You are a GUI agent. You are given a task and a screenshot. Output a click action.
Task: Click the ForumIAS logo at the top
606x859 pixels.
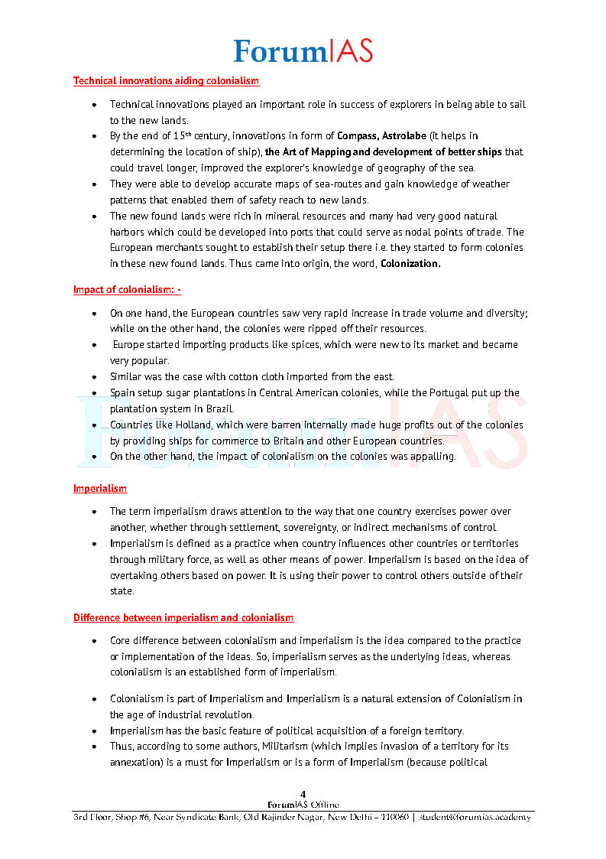coord(303,50)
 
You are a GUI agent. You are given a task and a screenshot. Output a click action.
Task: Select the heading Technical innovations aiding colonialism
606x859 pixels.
coord(166,80)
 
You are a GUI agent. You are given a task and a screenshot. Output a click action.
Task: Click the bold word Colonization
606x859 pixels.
coord(410,264)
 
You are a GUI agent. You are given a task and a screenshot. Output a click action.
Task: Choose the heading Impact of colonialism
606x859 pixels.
coord(127,290)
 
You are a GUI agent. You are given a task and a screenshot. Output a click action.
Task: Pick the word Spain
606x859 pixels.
coord(122,393)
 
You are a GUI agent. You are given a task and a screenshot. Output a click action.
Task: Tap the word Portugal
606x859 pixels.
coord(436,393)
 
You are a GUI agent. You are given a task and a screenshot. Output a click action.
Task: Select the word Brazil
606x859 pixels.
coord(219,409)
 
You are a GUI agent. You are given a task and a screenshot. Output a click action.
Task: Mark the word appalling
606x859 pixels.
coord(433,457)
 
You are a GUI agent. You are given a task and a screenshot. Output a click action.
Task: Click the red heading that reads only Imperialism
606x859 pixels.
coord(100,488)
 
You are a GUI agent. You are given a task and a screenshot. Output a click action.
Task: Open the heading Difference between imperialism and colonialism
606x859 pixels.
coord(183,617)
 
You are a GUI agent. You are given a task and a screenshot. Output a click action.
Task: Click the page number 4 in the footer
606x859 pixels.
coord(303,795)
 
